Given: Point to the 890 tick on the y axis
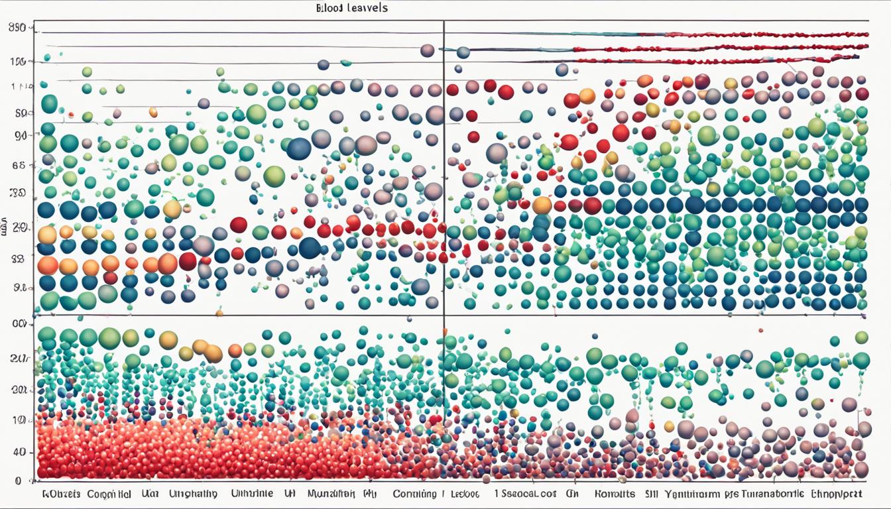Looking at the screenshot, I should tap(18, 28).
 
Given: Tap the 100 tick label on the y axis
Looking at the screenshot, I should tap(18, 62).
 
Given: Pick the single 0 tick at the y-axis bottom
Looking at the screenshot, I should tap(18, 481).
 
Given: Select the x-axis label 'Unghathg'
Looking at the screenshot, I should tap(193, 494).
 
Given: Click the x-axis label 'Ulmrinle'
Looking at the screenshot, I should tap(253, 494).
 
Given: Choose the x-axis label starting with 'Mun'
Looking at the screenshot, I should tap(331, 494).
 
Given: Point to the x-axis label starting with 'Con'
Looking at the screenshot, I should tap(414, 494).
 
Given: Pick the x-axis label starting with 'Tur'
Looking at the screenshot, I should tap(780, 494).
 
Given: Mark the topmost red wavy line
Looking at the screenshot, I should tap(723, 34).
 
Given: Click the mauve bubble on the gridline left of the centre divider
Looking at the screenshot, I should tap(428, 50).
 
